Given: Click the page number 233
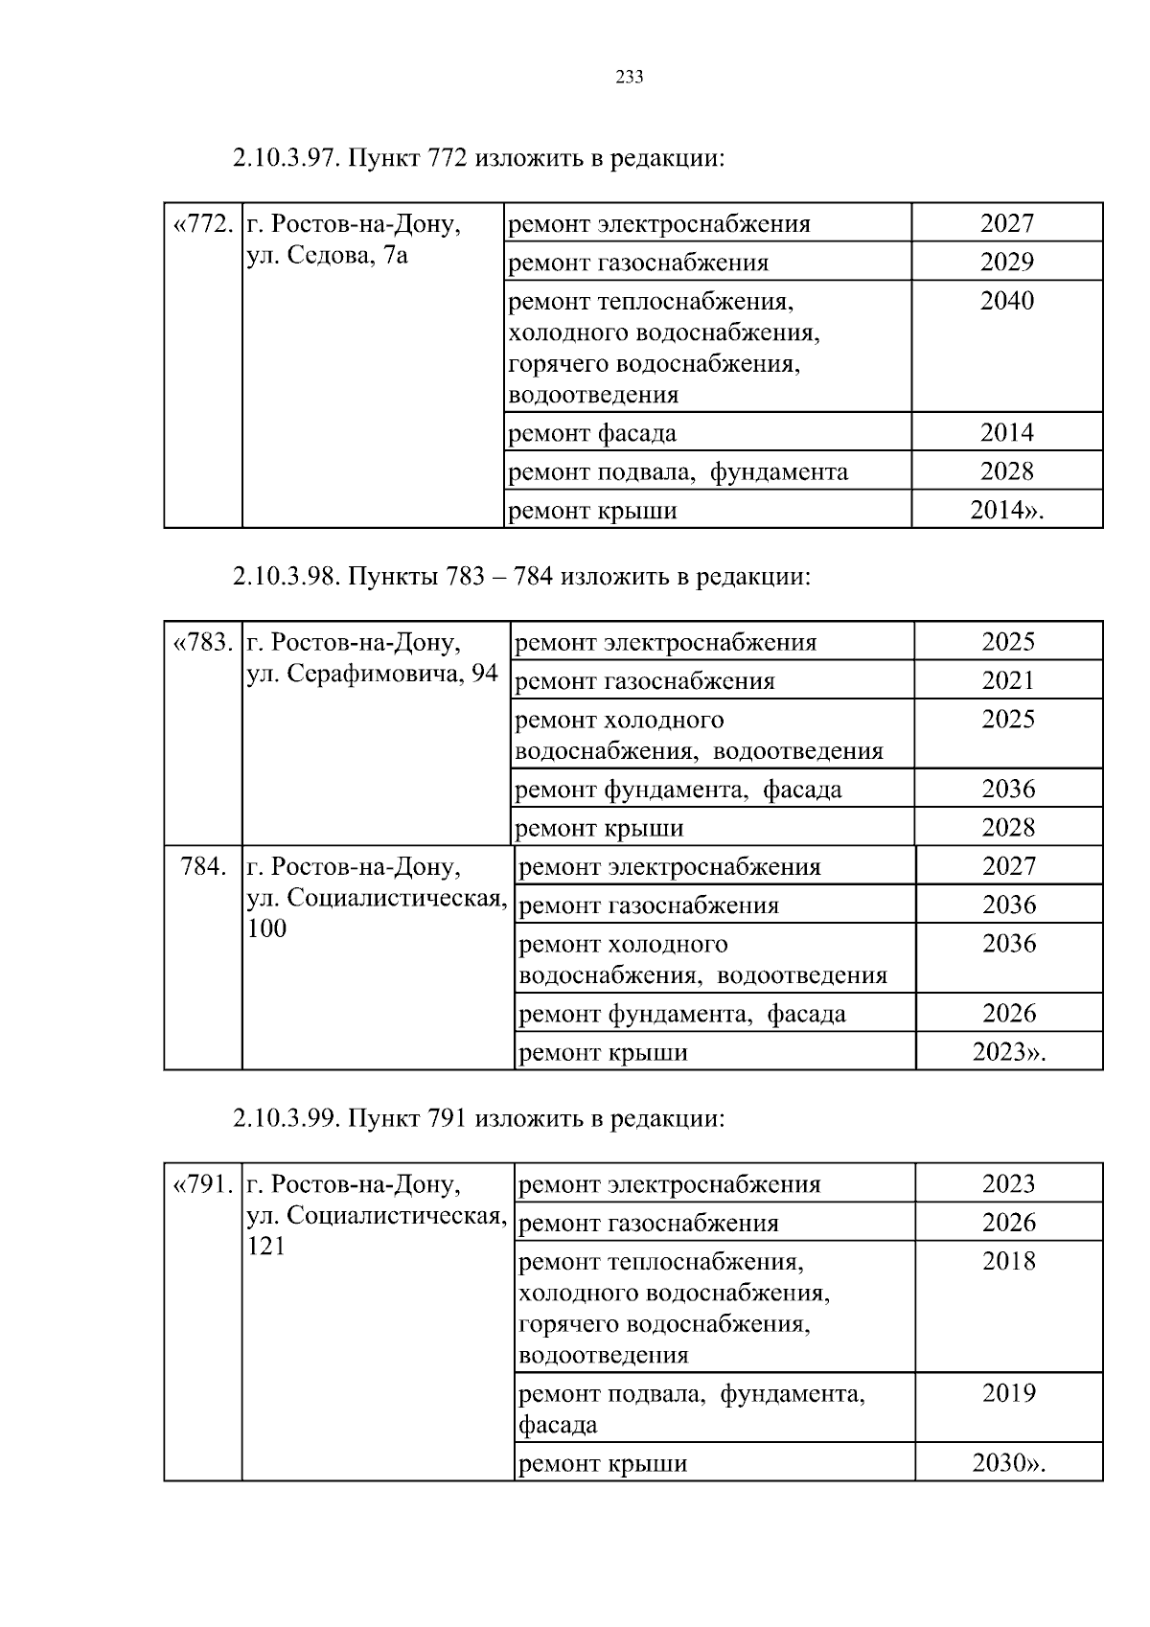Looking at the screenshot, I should (629, 78).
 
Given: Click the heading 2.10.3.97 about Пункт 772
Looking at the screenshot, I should (478, 157).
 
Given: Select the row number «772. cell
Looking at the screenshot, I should (202, 224).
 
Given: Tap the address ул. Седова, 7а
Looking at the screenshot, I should (327, 256).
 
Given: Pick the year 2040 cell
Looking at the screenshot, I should (1007, 301).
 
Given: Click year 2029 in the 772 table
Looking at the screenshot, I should (1007, 262).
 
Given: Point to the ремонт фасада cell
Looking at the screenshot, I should (592, 433).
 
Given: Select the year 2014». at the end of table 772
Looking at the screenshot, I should (1007, 510).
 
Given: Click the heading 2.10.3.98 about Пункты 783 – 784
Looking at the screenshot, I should (521, 577).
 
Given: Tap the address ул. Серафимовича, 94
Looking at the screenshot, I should (373, 674).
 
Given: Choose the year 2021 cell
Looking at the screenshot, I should (1008, 680).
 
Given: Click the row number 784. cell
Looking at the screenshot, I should (203, 867).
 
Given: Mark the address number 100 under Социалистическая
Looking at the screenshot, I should (266, 928).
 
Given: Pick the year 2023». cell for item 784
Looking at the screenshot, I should (1009, 1052).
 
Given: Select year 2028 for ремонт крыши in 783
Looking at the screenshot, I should (1008, 827).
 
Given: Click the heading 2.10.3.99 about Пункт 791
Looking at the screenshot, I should (478, 1118).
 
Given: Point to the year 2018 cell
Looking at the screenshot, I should (1009, 1261).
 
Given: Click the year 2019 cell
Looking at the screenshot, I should (1009, 1393).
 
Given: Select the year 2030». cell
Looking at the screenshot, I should (1009, 1463).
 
